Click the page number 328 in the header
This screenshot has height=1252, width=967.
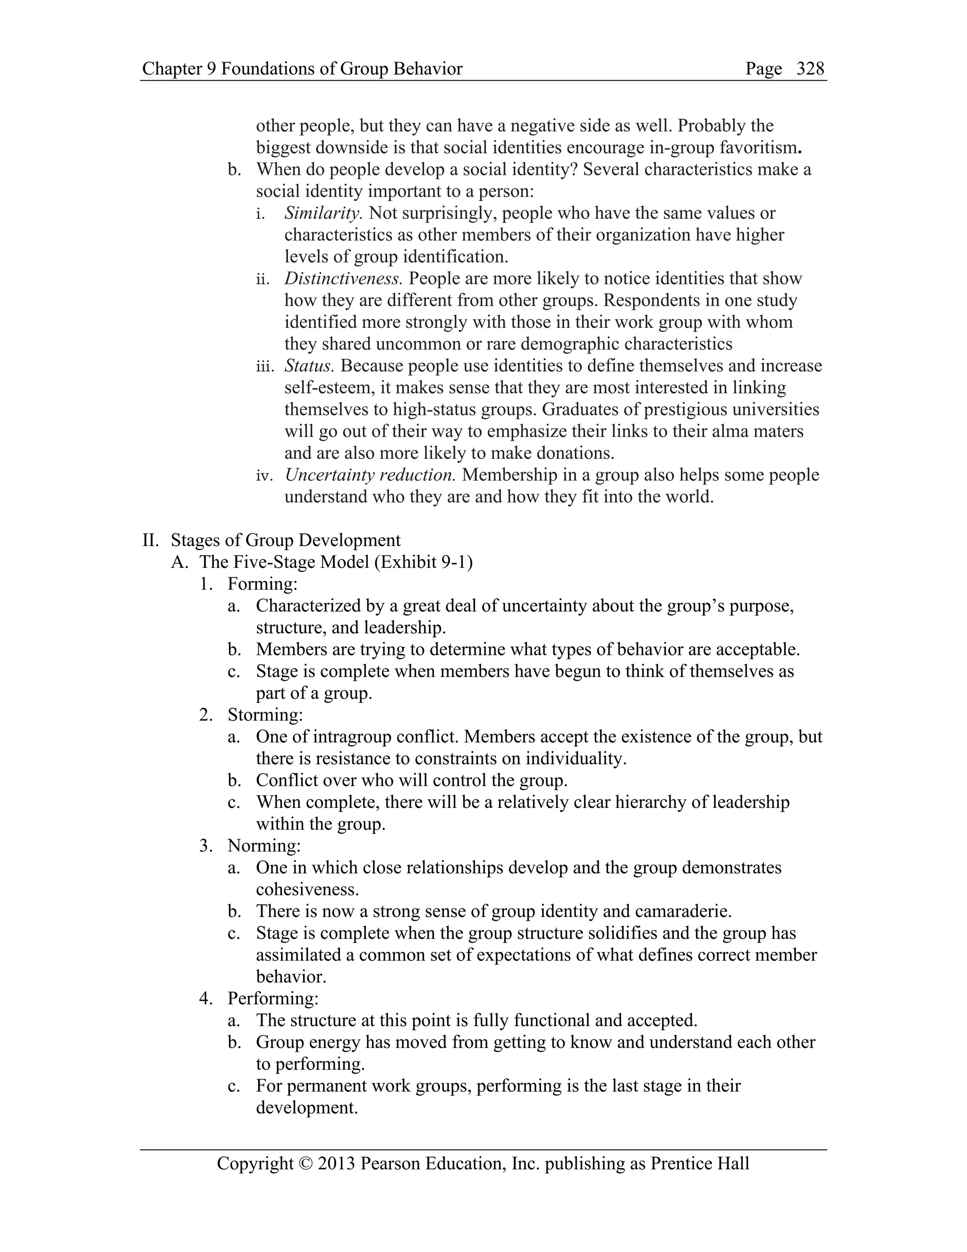[810, 69]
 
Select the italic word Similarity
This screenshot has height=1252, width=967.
[323, 213]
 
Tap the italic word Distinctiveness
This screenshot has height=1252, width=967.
[343, 279]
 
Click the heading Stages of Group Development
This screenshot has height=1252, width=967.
[286, 540]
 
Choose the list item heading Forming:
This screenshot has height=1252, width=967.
[263, 583]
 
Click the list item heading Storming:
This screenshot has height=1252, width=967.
[265, 715]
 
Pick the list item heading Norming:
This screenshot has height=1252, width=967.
[263, 846]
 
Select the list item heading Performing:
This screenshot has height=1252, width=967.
[273, 998]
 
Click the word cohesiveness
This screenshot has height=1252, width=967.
[307, 889]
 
